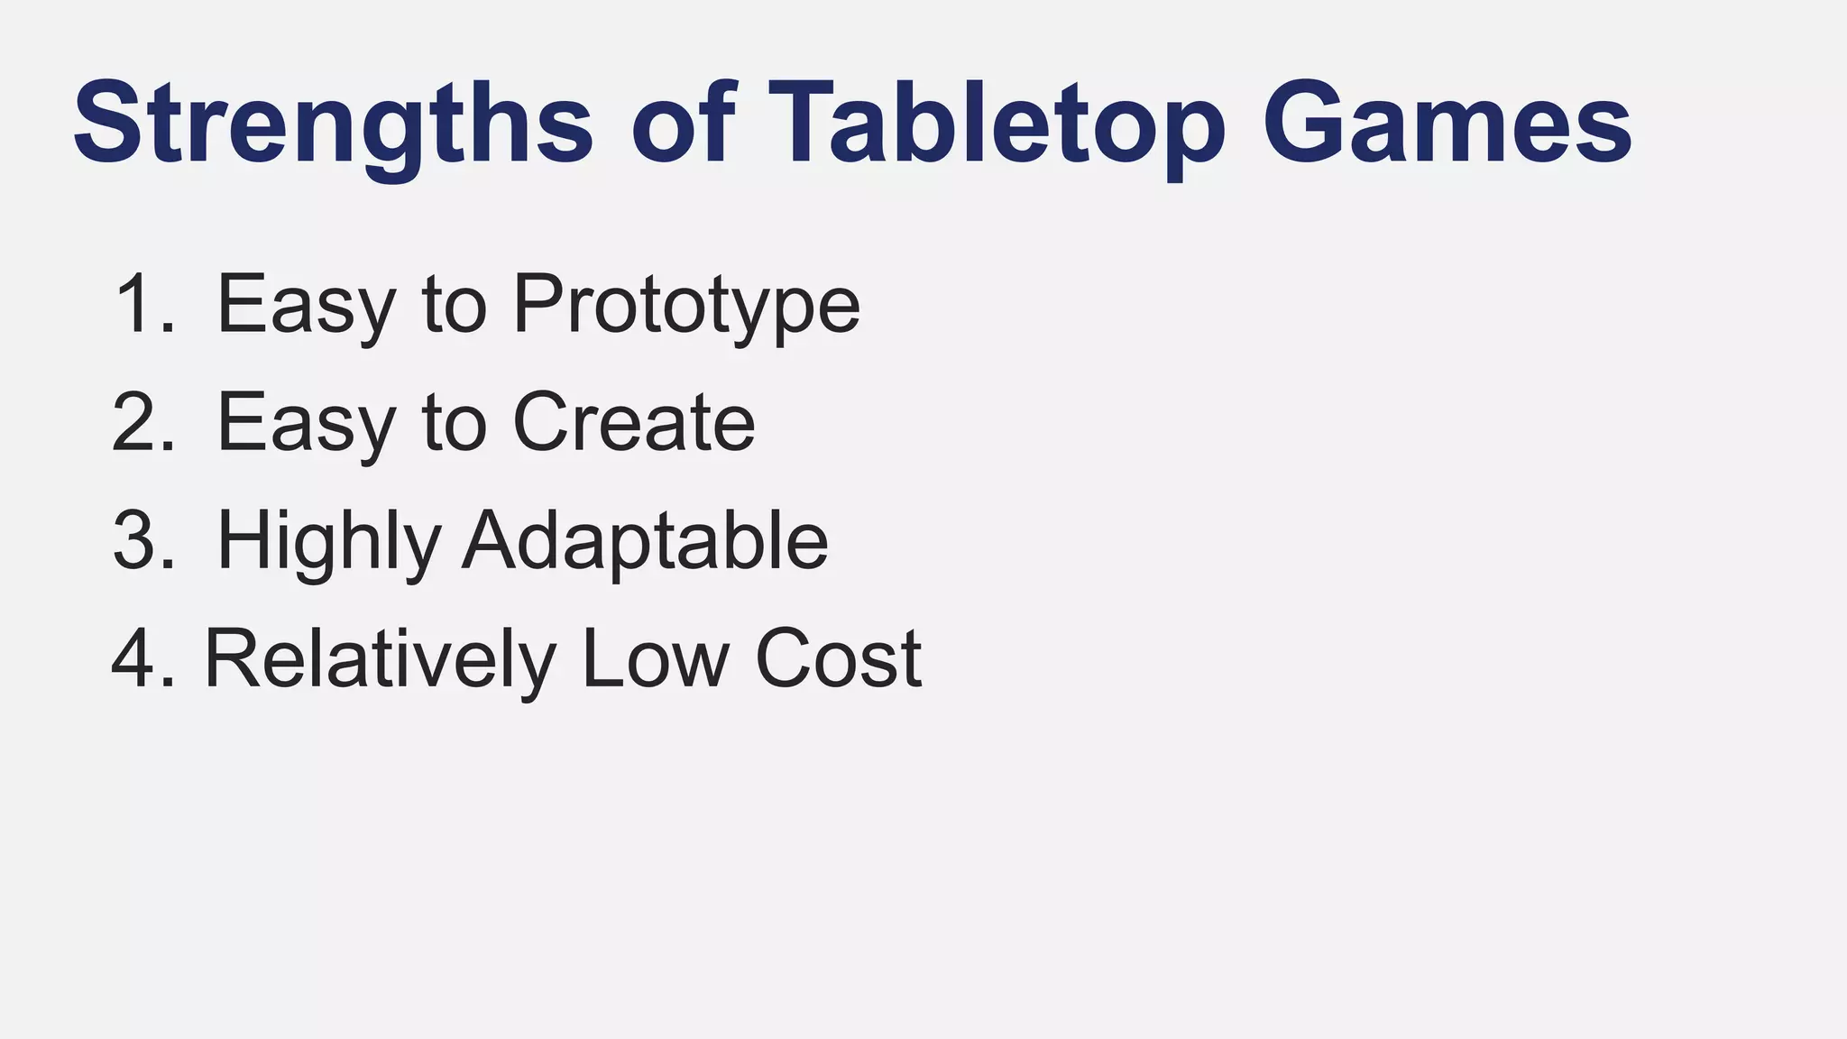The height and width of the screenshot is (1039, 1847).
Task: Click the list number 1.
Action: pyautogui.click(x=142, y=305)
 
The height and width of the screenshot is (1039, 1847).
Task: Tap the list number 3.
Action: pyautogui.click(x=142, y=541)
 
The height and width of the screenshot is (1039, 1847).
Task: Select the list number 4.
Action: pyautogui.click(x=142, y=658)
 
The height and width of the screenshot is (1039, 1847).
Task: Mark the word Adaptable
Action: pyautogui.click(x=645, y=541)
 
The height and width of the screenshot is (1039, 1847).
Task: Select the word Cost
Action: pyautogui.click(x=838, y=658)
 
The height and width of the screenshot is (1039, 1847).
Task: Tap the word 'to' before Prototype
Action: pyautogui.click(x=455, y=305)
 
